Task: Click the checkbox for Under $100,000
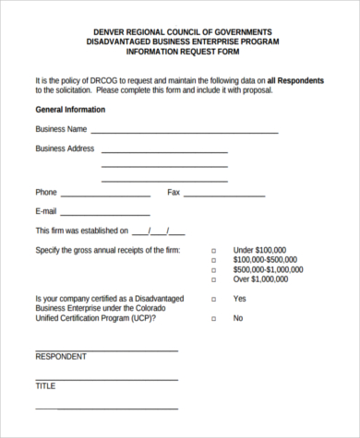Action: (214, 250)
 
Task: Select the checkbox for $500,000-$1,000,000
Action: (214, 269)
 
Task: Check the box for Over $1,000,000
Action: (214, 279)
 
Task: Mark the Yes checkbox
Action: (214, 300)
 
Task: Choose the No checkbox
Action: (214, 318)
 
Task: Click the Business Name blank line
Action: (185, 133)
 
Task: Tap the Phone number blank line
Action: (105, 196)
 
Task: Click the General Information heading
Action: (70, 110)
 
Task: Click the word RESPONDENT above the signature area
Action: (61, 356)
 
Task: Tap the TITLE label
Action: (46, 385)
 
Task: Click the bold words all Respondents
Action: (295, 81)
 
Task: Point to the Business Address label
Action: (65, 148)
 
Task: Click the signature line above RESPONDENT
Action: (106, 349)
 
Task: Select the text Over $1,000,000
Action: (260, 278)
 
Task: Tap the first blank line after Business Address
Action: (164, 151)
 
